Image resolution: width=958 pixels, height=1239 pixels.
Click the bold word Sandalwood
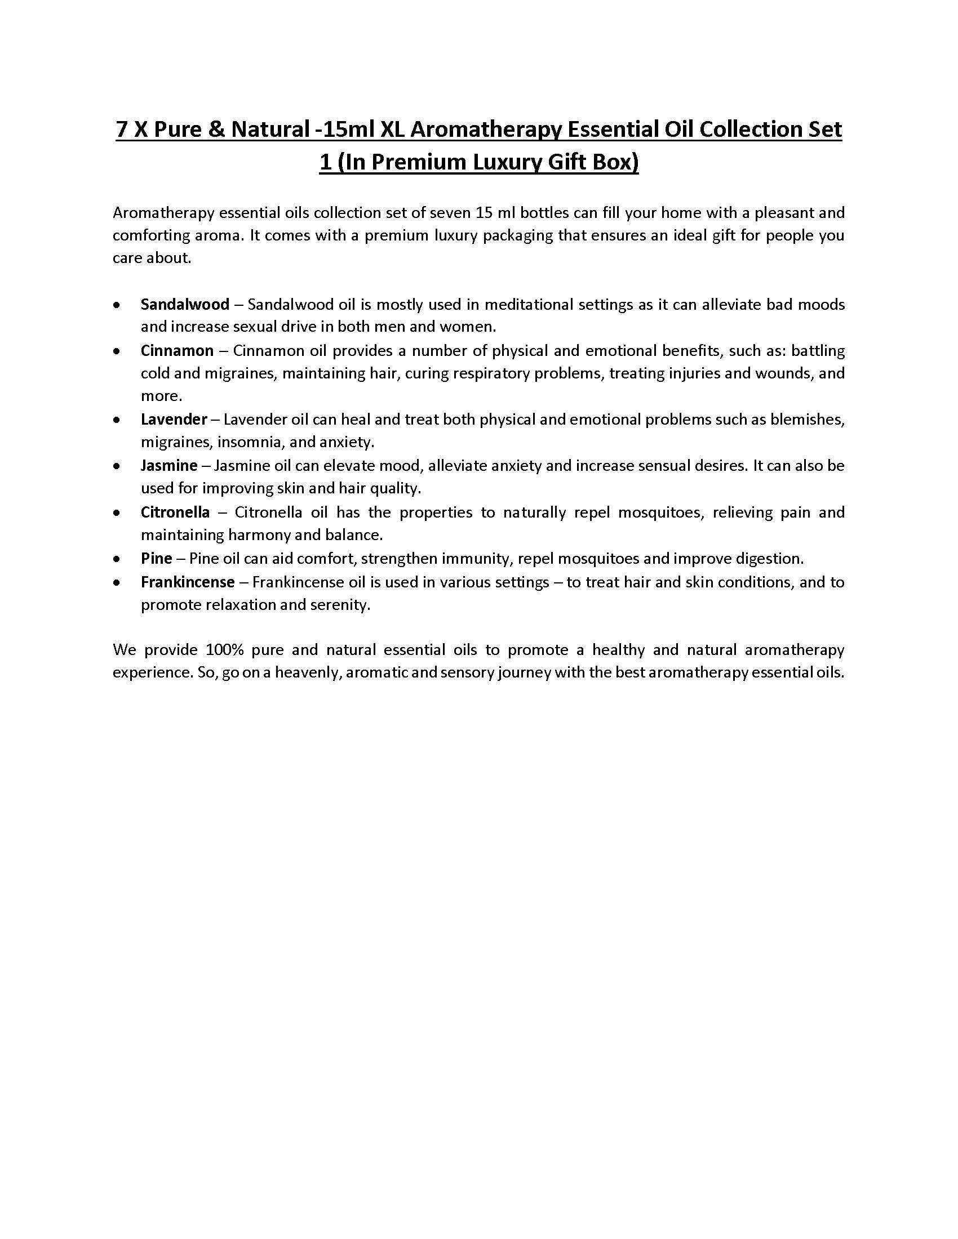point(185,305)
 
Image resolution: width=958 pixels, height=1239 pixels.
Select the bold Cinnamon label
point(177,351)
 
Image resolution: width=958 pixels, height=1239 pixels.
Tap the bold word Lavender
point(174,420)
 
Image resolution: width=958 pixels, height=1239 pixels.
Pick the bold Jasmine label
point(169,466)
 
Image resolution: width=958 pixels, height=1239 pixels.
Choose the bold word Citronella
point(175,512)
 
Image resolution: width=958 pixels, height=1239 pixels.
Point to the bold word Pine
point(157,559)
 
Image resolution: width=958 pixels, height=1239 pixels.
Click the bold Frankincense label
point(188,582)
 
